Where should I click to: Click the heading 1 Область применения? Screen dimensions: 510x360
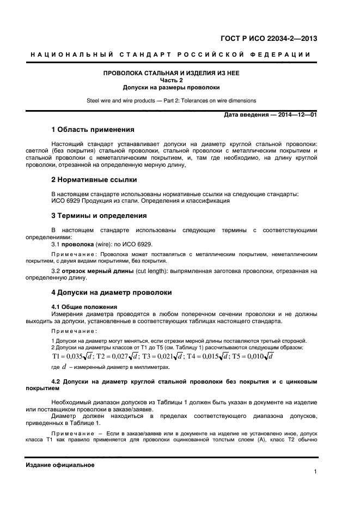click(92, 130)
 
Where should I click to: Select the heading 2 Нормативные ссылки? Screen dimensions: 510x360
click(94, 179)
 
